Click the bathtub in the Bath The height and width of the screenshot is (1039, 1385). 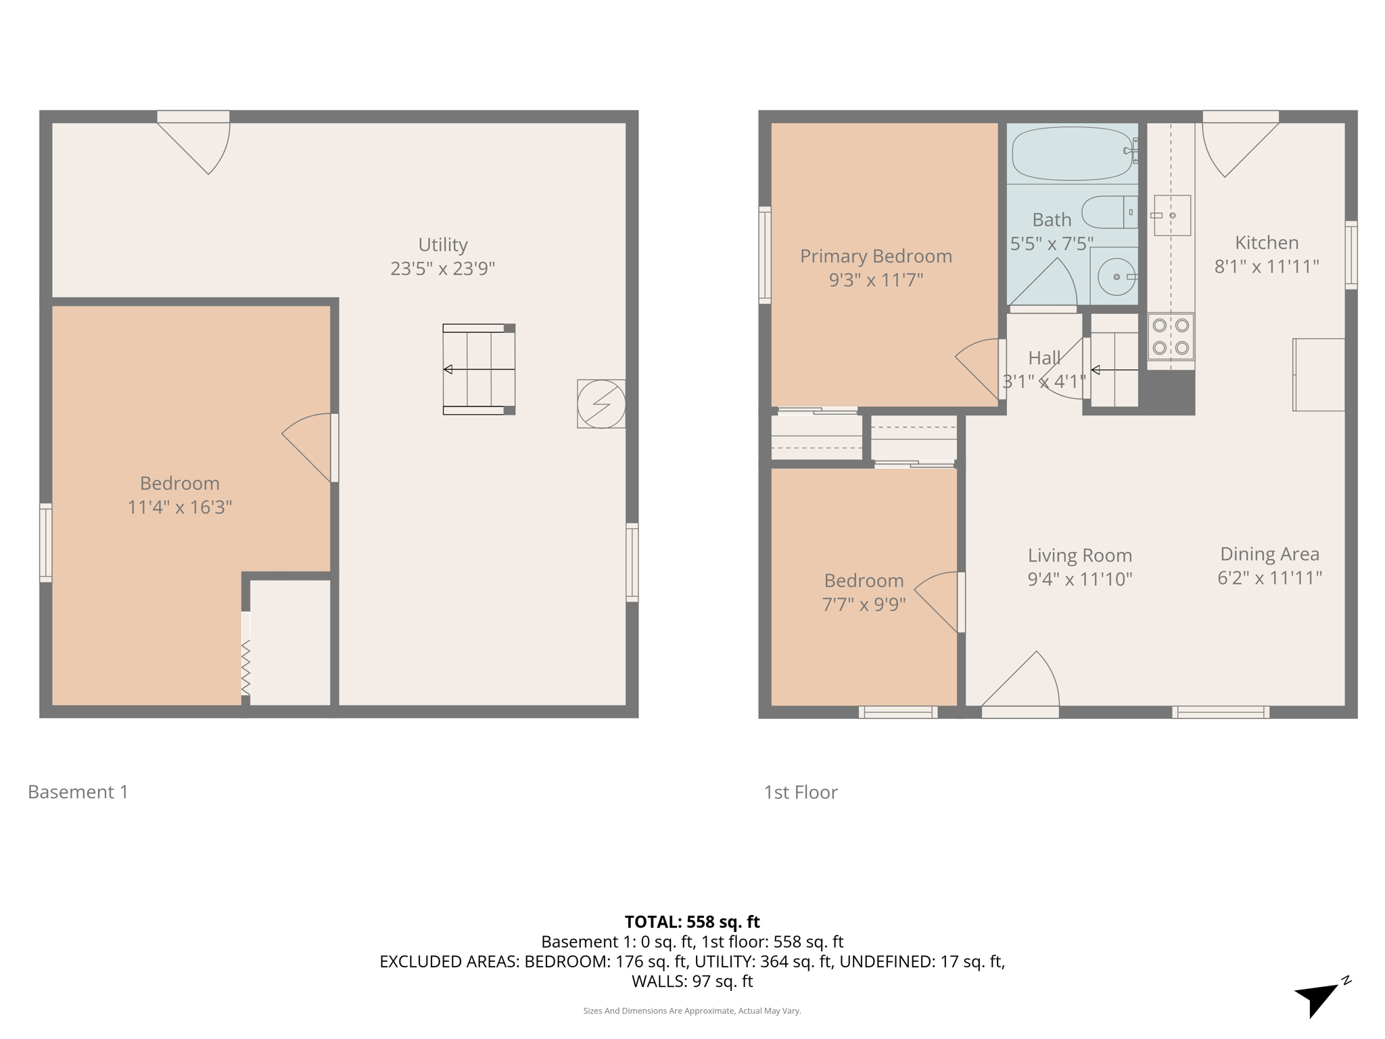point(1072,154)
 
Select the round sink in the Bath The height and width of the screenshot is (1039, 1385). point(1116,277)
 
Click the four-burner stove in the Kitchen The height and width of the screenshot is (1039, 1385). point(1171,336)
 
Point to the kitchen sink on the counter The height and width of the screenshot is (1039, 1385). point(1172,215)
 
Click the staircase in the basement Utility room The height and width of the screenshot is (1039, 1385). point(479,369)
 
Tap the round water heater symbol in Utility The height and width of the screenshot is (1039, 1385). point(601,404)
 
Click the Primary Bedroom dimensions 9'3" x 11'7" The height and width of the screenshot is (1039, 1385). point(876,280)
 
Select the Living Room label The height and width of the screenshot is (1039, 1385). point(1079,555)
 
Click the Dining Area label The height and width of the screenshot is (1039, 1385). point(1269,554)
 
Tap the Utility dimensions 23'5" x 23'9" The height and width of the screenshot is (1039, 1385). point(442,269)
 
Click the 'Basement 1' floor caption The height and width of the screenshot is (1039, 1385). point(78,792)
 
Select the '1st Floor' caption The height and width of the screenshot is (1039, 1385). point(800,793)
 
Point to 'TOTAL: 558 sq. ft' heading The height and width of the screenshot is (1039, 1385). point(692,922)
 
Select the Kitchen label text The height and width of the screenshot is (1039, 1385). point(1266,243)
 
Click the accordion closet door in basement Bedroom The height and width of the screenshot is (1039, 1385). point(245,666)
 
